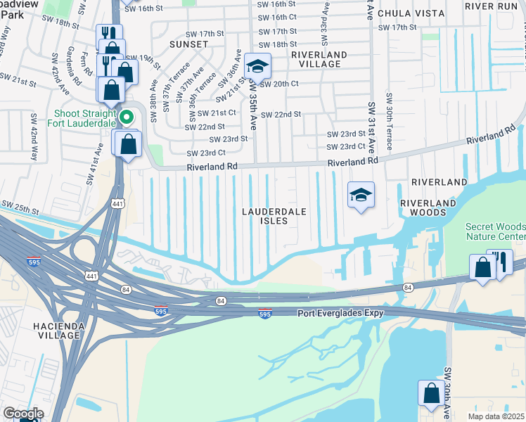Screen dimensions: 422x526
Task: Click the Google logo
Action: (x=23, y=414)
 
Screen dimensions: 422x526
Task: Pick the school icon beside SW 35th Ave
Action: (x=257, y=67)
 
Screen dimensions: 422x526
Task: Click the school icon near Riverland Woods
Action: (x=361, y=194)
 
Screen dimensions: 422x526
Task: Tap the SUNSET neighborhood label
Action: (x=188, y=44)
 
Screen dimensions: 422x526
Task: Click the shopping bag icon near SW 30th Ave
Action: (x=430, y=394)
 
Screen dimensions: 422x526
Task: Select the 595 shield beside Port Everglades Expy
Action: (x=264, y=314)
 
